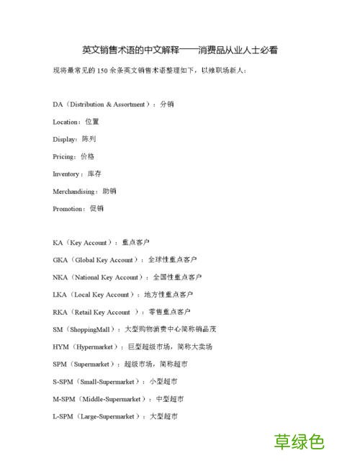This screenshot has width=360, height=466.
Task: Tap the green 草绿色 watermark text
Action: click(x=299, y=442)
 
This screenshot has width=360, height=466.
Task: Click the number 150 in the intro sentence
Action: click(x=102, y=71)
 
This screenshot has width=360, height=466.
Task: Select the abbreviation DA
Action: click(x=58, y=104)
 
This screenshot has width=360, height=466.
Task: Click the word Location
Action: click(x=66, y=122)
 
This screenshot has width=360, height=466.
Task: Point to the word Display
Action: click(x=64, y=139)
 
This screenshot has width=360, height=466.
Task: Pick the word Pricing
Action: click(x=64, y=156)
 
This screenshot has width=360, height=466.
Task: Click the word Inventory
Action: click(x=67, y=174)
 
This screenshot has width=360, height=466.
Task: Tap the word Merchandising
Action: click(x=75, y=192)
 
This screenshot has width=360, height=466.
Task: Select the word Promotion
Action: click(x=68, y=209)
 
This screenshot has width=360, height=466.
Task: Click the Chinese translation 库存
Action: click(x=94, y=174)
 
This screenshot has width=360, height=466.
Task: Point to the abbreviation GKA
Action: click(x=60, y=260)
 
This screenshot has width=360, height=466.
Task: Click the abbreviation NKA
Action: click(x=60, y=277)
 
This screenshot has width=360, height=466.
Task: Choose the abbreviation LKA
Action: click(x=60, y=295)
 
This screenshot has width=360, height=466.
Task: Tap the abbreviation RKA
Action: click(x=60, y=312)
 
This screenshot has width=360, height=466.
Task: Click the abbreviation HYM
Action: click(x=60, y=346)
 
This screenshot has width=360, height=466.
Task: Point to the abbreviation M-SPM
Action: click(x=63, y=399)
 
